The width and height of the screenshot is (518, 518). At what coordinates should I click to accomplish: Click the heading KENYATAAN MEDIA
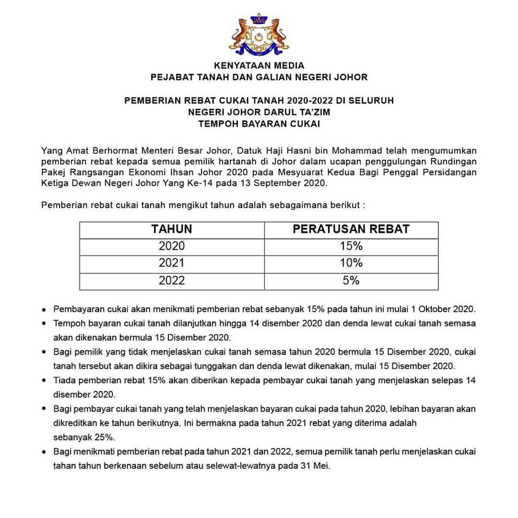[259, 66]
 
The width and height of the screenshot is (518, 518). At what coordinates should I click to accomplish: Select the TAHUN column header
[171, 230]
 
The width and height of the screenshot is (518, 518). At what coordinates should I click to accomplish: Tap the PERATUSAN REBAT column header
[351, 230]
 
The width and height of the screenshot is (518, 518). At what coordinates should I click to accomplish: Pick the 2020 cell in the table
[171, 246]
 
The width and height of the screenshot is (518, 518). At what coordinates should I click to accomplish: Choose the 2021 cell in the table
[171, 264]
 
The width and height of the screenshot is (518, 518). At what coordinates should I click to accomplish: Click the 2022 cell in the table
[171, 281]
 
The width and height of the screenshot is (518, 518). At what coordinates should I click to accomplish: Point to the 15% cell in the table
[351, 246]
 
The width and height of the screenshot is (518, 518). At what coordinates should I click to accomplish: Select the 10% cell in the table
[351, 264]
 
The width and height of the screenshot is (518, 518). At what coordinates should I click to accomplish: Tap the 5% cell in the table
[351, 281]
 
